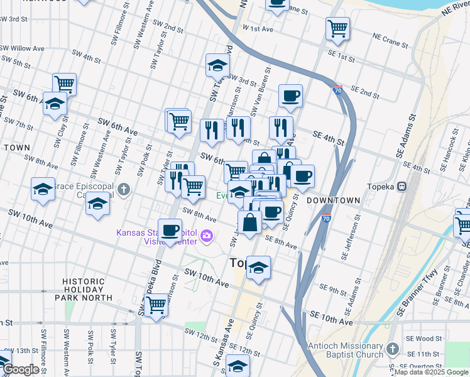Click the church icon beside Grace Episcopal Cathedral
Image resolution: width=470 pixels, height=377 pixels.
(125, 188)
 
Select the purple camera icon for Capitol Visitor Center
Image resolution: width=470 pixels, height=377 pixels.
(208, 236)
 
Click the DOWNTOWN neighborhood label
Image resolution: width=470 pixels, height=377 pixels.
(333, 200)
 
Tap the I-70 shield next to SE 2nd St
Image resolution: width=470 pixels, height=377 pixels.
(337, 90)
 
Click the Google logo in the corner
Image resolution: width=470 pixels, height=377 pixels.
(20, 369)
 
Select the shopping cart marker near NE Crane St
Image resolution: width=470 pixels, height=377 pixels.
(338, 29)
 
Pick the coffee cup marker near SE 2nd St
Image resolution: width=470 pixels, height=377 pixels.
(290, 97)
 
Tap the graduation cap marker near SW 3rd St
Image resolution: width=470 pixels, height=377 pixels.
(217, 65)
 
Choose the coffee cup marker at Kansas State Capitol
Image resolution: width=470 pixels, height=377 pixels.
(170, 231)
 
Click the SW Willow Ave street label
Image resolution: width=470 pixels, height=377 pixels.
(22, 48)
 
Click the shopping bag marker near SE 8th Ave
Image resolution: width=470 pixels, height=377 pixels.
(249, 222)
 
